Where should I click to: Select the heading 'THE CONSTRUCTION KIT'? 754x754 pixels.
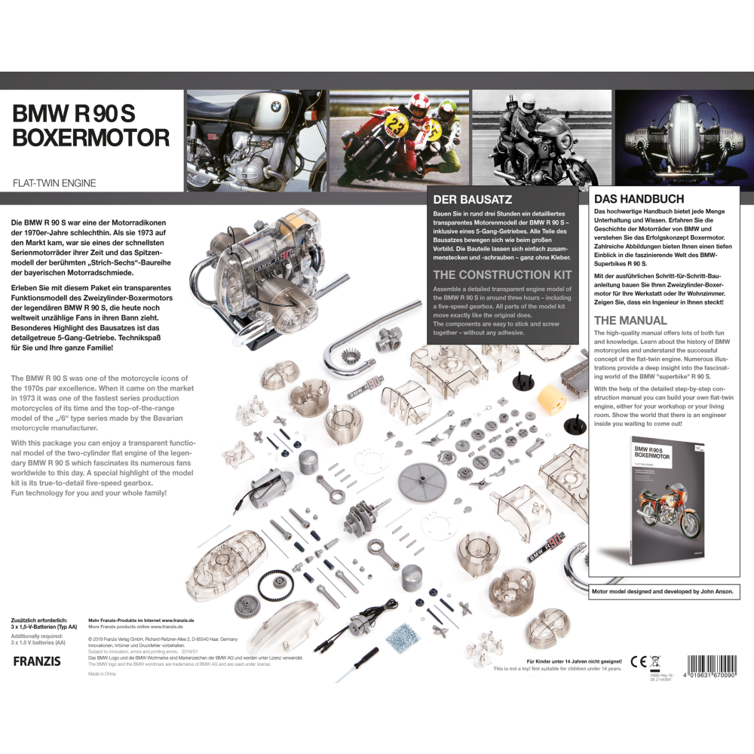(502, 274)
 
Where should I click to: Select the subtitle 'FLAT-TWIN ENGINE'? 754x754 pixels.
(54, 183)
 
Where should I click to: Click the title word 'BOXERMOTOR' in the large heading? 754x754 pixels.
(90, 138)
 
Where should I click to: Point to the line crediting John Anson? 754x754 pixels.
(661, 592)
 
